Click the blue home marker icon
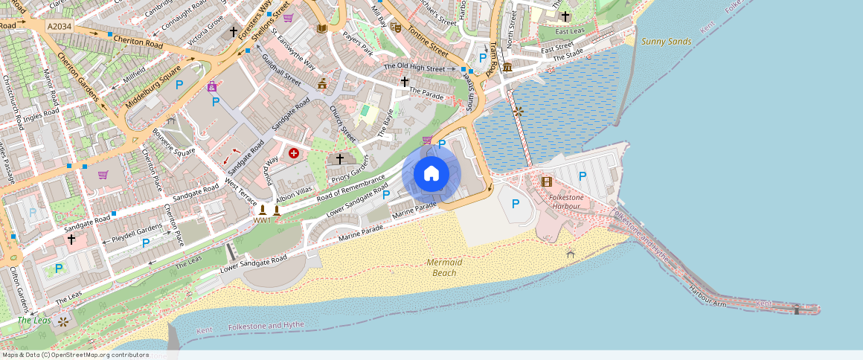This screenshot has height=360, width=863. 431,174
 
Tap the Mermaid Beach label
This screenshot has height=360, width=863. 445,268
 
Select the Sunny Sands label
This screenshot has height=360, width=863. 666,42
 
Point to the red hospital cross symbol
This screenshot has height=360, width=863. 294,152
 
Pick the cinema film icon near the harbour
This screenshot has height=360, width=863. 547,181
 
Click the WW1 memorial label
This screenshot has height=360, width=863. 262,220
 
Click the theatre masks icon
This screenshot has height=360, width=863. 396,26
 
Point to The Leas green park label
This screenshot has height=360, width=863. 34,321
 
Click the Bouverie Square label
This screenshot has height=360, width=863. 173,141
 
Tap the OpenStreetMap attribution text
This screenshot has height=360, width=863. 74,355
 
